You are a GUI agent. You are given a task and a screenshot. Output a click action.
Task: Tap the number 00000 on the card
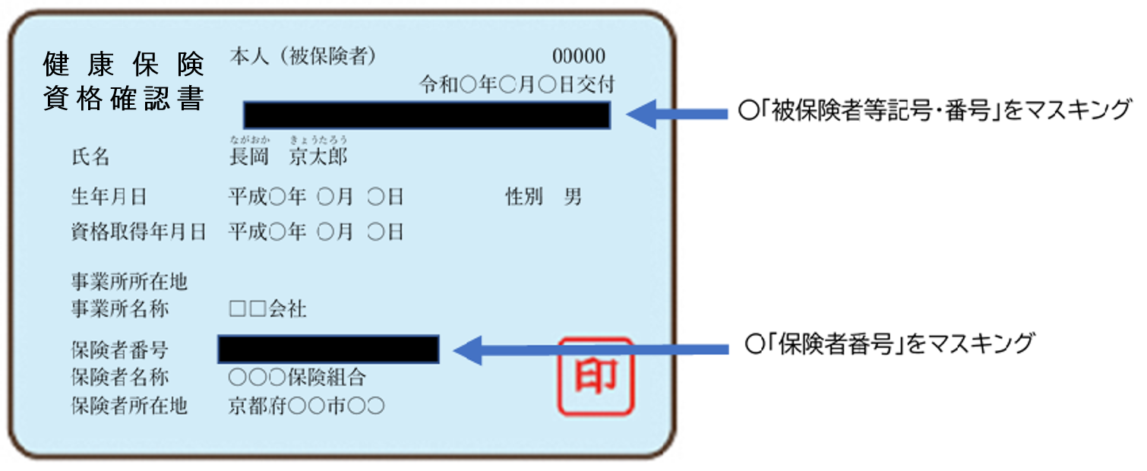click(x=579, y=57)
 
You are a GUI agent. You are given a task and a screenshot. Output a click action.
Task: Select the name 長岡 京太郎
click(x=289, y=157)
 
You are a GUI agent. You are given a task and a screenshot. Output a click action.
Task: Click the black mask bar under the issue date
click(x=427, y=115)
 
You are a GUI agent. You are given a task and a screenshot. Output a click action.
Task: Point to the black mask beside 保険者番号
click(x=328, y=349)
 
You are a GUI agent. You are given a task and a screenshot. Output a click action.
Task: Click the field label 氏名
click(x=90, y=158)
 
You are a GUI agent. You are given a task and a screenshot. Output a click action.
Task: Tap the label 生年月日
click(x=109, y=198)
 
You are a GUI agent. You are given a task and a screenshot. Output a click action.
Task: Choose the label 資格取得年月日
click(x=138, y=232)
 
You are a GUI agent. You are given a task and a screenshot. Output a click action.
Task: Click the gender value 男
click(x=573, y=198)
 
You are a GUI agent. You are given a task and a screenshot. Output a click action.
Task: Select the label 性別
click(x=523, y=198)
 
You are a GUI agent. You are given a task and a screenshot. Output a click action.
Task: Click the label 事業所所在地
click(x=128, y=283)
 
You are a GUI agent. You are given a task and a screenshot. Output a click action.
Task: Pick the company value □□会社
click(x=267, y=310)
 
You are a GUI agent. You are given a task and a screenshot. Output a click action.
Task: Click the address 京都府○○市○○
click(x=306, y=406)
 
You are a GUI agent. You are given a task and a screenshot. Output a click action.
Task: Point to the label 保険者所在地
click(x=128, y=406)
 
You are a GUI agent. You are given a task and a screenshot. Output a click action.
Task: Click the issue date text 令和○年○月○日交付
click(x=517, y=84)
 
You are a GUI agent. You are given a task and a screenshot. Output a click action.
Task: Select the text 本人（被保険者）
click(x=302, y=57)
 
